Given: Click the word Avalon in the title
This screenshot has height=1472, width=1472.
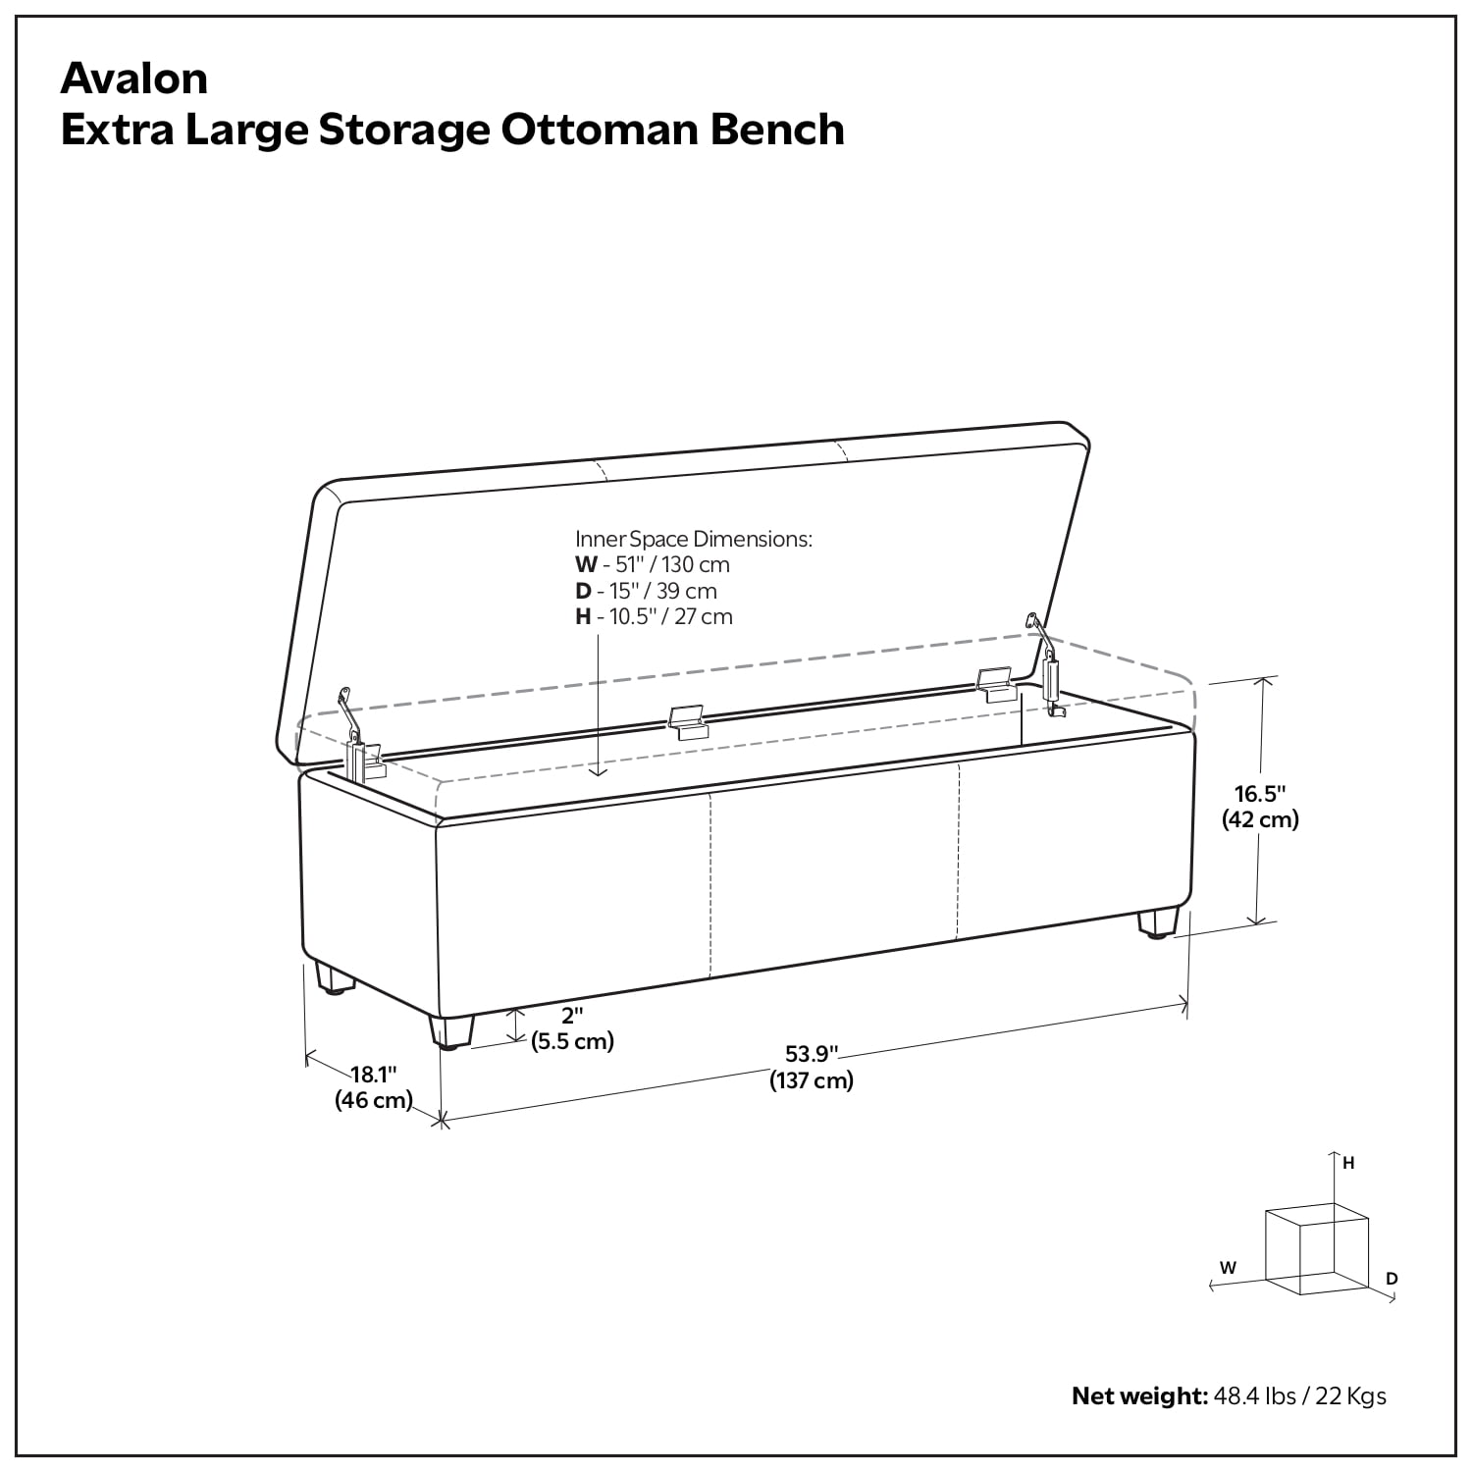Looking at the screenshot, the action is point(134,79).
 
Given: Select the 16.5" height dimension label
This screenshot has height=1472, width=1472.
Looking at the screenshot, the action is point(1259,792).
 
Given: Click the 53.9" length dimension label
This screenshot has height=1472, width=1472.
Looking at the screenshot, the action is point(812,1054).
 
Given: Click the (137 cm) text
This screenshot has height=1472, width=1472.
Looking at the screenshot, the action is point(812,1080).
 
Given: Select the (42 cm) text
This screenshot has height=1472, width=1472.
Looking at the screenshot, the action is point(1260,818).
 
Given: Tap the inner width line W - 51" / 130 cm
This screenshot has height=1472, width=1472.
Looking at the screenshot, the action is point(653,564).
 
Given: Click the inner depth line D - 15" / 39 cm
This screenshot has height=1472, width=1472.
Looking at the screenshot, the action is point(646,591).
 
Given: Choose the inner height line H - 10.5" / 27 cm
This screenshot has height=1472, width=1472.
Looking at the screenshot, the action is point(654,616).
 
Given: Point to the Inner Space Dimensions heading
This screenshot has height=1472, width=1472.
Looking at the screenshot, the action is point(694,539).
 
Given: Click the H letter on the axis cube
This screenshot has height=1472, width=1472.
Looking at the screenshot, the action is point(1349,1163).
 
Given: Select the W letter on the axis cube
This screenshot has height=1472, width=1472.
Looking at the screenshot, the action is point(1228,1267).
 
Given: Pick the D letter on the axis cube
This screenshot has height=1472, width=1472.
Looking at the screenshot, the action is point(1392,1278).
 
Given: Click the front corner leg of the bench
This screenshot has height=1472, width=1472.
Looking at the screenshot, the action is point(450,1032).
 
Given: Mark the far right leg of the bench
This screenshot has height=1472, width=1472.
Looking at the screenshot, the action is point(1157,924).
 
